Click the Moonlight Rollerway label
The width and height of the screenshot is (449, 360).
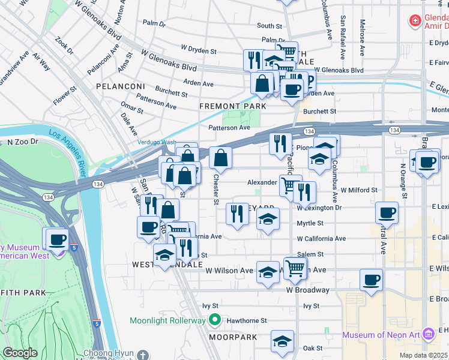pyautogui.click(x=167, y=320)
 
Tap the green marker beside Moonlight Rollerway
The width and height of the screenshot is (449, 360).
pyautogui.click(x=214, y=320)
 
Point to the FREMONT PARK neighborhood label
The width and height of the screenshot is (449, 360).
pyautogui.click(x=233, y=106)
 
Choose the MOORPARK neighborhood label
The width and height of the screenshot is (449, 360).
pyautogui.click(x=233, y=337)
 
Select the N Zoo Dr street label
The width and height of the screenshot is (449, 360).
pyautogui.click(x=23, y=142)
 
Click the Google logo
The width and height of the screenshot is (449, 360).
pyautogui.click(x=20, y=353)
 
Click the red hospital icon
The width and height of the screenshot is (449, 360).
pyautogui.click(x=414, y=22)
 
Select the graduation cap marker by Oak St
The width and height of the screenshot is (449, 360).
pyautogui.click(x=282, y=341)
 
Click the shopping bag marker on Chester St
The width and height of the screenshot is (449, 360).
pyautogui.click(x=221, y=158)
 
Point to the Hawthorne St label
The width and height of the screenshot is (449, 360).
pyautogui.click(x=246, y=321)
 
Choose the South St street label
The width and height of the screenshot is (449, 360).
pyautogui.click(x=270, y=26)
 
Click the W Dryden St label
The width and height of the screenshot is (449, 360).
pyautogui.click(x=199, y=51)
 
